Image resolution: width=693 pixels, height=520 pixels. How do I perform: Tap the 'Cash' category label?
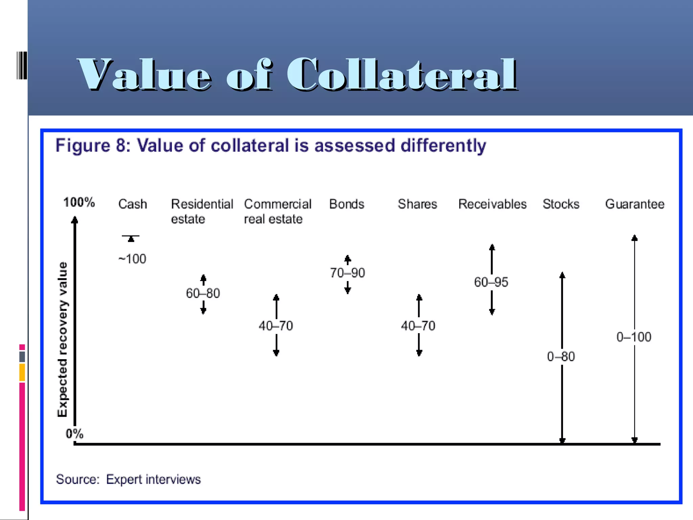pyautogui.click(x=133, y=204)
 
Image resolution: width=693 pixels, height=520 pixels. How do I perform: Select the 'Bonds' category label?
pyautogui.click(x=347, y=204)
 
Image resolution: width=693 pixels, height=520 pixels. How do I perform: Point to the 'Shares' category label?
pyautogui.click(x=417, y=204)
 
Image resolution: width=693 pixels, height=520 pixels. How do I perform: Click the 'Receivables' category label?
pyautogui.click(x=492, y=204)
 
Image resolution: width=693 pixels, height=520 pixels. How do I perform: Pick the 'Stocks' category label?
pyautogui.click(x=561, y=204)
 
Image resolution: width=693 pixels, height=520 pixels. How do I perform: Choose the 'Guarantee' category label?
pyautogui.click(x=634, y=204)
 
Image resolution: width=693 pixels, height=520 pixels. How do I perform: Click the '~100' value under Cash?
pyautogui.click(x=132, y=259)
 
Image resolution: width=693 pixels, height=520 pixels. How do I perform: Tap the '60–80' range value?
pyautogui.click(x=203, y=293)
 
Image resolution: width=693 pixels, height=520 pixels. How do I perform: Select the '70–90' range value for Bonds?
pyautogui.click(x=348, y=273)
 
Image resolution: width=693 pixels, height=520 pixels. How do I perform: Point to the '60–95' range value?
pyautogui.click(x=491, y=282)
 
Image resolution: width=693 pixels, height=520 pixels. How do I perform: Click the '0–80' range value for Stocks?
pyautogui.click(x=561, y=356)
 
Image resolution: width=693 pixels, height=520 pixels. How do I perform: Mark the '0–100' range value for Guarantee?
pyautogui.click(x=634, y=337)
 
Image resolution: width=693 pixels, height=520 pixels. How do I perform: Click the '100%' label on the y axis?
pyautogui.click(x=79, y=202)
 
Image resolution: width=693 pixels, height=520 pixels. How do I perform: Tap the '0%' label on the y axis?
pyautogui.click(x=74, y=434)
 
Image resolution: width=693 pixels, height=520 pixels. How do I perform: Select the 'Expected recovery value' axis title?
pyautogui.click(x=63, y=339)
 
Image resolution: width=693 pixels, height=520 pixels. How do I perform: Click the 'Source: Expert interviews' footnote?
pyautogui.click(x=128, y=479)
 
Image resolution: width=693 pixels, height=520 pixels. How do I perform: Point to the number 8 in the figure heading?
pyautogui.click(x=121, y=146)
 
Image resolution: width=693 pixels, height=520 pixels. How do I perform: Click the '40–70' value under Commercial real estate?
pyautogui.click(x=276, y=326)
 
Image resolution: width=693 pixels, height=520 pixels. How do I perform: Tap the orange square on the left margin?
pyautogui.click(x=22, y=372)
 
